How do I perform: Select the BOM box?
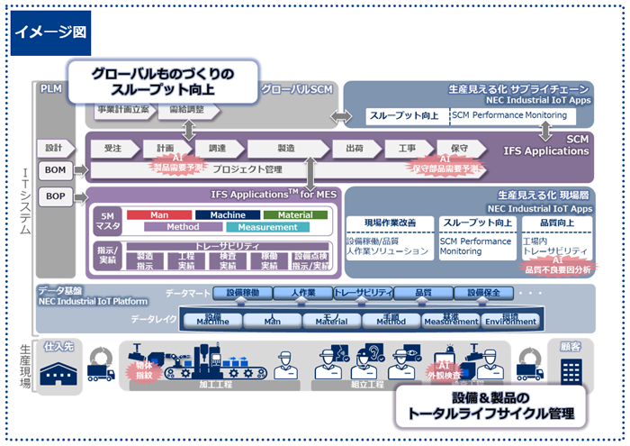click(x=56, y=169)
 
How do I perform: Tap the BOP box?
click(x=56, y=196)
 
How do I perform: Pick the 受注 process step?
click(x=112, y=148)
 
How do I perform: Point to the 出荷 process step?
click(x=354, y=148)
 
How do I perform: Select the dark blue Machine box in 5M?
click(x=228, y=215)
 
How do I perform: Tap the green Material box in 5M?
click(x=295, y=215)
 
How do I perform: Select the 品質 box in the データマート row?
click(x=422, y=293)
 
